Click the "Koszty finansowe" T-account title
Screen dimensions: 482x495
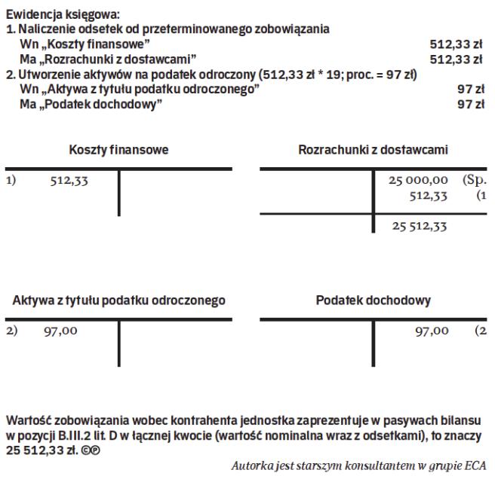click(x=119, y=150)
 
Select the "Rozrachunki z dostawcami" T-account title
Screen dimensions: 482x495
click(x=374, y=150)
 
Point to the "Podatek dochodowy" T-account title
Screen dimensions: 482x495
click(x=374, y=301)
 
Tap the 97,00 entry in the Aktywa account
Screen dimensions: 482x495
click(x=58, y=331)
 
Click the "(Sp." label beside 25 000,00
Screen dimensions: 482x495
click(x=473, y=182)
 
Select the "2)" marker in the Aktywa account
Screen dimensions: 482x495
click(x=11, y=331)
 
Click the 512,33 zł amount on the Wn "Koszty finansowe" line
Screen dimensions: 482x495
click(x=457, y=44)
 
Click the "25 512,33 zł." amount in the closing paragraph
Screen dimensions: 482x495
click(x=38, y=446)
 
